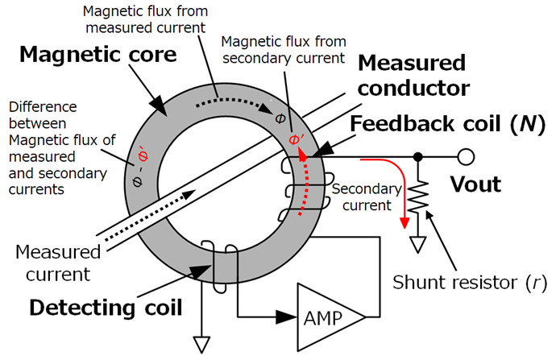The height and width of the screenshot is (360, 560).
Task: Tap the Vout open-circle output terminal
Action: click(x=465, y=155)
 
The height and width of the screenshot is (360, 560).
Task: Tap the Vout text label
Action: click(x=475, y=184)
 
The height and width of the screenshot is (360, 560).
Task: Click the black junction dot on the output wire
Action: click(x=418, y=155)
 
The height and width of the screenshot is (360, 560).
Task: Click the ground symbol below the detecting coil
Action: click(x=200, y=344)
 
